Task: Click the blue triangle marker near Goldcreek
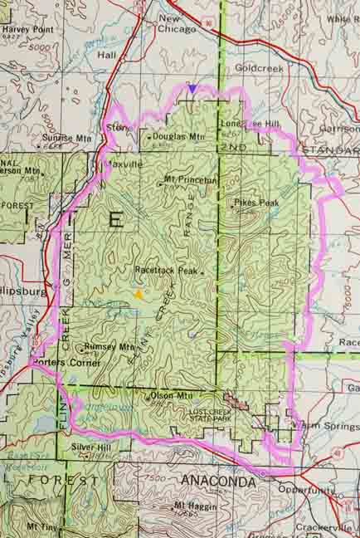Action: point(192,87)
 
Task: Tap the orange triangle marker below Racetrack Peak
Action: point(139,293)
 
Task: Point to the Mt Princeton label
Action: point(190,179)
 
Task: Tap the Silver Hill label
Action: point(92,447)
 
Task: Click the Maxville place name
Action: point(124,164)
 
